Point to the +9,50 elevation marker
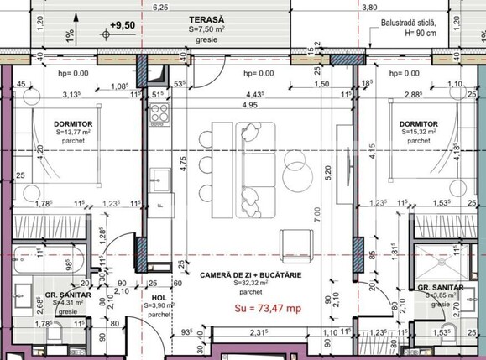(121, 25)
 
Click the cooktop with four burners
(160, 117)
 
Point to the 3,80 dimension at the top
(368, 6)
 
